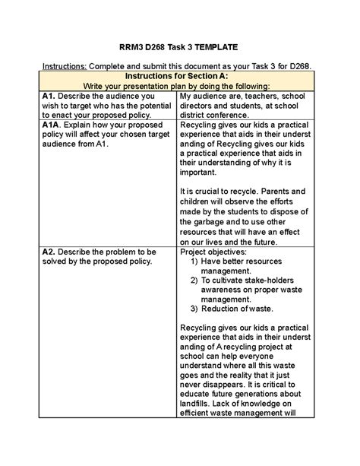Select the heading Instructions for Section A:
point(179,76)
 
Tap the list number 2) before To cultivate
point(195,280)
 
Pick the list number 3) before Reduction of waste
point(195,308)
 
